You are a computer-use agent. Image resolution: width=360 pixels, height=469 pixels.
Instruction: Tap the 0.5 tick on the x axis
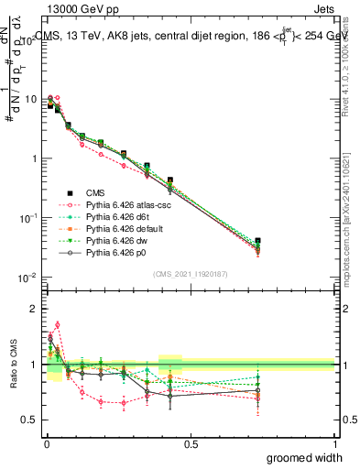pos(190,444)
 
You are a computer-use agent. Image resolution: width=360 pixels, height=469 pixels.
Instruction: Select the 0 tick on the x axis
pos(45,444)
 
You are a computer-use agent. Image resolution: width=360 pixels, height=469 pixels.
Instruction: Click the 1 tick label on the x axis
pos(334,444)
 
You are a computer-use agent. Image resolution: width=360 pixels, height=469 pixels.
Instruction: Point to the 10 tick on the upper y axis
pos(31,98)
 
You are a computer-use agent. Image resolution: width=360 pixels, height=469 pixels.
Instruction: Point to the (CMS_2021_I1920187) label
pos(190,274)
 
